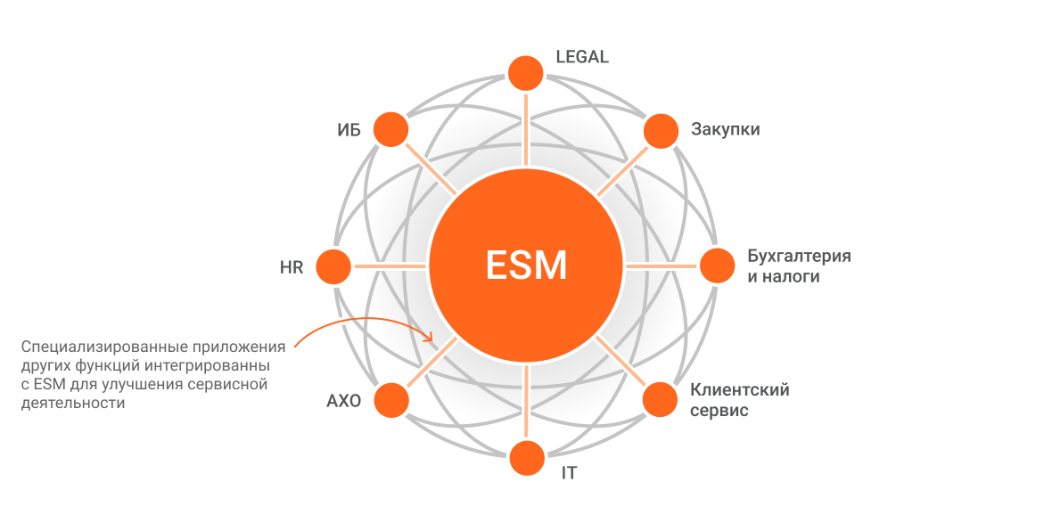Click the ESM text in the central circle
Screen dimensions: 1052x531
pyautogui.click(x=526, y=265)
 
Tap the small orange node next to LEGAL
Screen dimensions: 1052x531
pyautogui.click(x=526, y=73)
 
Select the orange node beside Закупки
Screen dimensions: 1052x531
pyautogui.click(x=661, y=131)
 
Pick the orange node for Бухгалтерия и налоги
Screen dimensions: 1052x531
pyautogui.click(x=718, y=265)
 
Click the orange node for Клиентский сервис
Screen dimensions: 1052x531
pyautogui.click(x=661, y=400)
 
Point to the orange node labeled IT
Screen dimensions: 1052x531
pyautogui.click(x=526, y=458)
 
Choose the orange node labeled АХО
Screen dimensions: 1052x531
pyautogui.click(x=390, y=400)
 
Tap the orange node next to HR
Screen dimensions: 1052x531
pyautogui.click(x=334, y=265)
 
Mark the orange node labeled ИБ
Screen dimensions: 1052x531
pyautogui.click(x=390, y=130)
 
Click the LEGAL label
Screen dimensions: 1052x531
pyautogui.click(x=581, y=57)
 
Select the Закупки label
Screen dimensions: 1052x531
pyautogui.click(x=725, y=130)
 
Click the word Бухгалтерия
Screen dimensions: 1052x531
pyautogui.click(x=799, y=257)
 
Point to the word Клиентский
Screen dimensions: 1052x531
pyautogui.click(x=739, y=390)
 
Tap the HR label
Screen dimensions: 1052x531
pyautogui.click(x=292, y=267)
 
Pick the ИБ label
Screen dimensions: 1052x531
pyautogui.click(x=349, y=131)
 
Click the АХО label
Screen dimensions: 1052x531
pyautogui.click(x=343, y=401)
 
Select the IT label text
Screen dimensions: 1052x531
pyautogui.click(x=569, y=473)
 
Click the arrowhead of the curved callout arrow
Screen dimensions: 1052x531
pyautogui.click(x=429, y=339)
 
